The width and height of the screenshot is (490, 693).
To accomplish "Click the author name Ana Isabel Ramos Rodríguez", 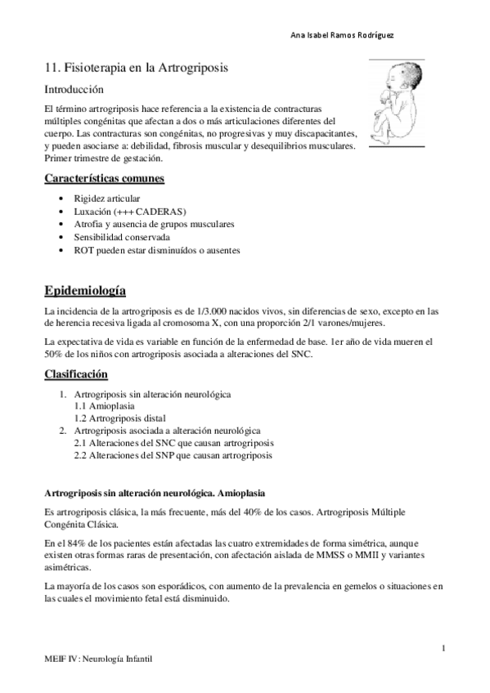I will tap(347, 35).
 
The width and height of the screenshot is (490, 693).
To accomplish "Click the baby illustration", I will tap(394, 102).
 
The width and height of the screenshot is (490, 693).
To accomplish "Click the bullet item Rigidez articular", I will tap(106, 199).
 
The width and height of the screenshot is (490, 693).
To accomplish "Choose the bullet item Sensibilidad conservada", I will tap(121, 237).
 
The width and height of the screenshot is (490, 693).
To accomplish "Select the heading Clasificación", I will tap(76, 374).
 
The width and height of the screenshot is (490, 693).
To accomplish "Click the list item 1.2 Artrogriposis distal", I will tap(119, 418).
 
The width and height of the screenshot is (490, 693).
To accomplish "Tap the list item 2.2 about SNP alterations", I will tap(173, 455).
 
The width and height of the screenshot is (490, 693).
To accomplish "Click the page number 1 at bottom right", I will tap(443, 648).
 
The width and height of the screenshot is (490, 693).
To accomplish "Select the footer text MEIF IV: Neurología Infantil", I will tap(99, 657).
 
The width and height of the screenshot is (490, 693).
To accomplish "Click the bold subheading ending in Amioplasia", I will tap(154, 494).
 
